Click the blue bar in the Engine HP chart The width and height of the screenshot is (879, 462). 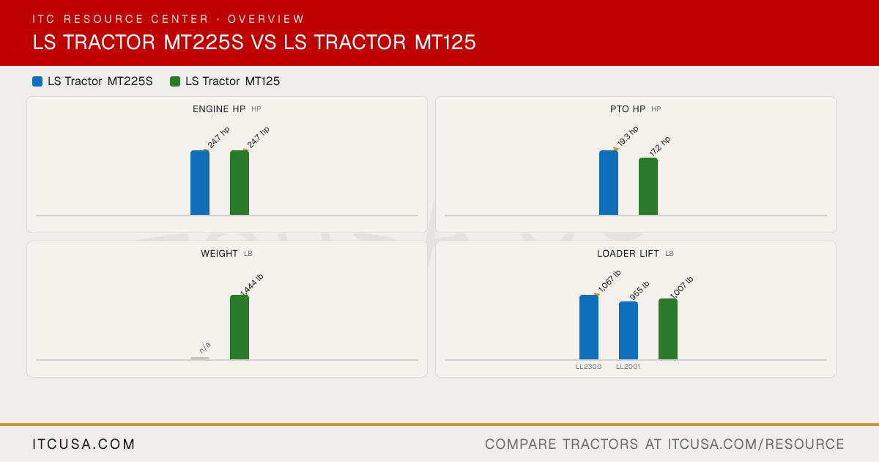coord(200,183)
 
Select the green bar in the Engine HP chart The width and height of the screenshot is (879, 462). coord(240,183)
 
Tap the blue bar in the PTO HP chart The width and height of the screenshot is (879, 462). coord(609,183)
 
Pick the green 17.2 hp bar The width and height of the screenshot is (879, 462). coord(648,186)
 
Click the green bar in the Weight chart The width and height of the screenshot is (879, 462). coord(240,327)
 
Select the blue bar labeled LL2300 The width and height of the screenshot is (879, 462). coord(589,327)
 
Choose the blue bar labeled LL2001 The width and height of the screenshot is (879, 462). coord(628,331)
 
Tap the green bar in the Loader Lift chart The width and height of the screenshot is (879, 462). coord(668,329)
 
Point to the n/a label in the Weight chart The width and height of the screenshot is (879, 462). coord(205,348)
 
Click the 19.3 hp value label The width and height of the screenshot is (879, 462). coord(628,136)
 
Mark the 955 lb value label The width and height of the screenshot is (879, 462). coord(639,290)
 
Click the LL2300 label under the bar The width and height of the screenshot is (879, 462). coord(589,367)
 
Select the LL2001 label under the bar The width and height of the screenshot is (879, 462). coord(628,367)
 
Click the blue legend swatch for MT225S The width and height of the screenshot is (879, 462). coord(37,81)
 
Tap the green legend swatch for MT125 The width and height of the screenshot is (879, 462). coord(175,81)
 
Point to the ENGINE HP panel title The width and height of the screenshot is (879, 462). coord(219,109)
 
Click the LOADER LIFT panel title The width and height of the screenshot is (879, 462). coord(628,254)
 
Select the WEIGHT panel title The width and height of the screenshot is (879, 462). coord(219,254)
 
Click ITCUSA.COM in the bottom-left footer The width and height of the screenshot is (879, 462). coord(84,444)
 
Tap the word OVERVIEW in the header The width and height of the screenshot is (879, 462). coord(266,19)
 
